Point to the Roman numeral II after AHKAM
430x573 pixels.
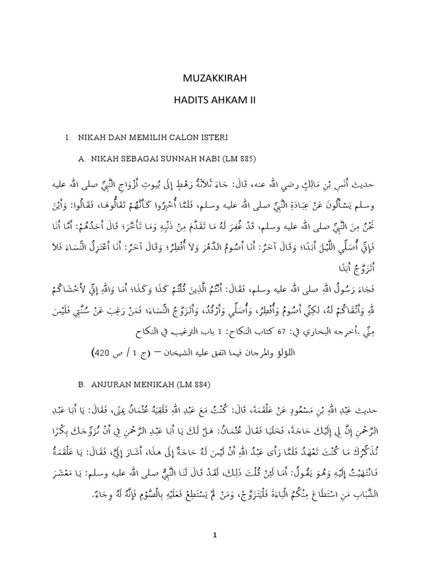(x=251, y=99)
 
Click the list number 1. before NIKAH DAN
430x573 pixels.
(x=67, y=137)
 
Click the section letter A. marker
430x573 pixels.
(x=82, y=159)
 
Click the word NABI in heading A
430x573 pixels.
(x=203, y=159)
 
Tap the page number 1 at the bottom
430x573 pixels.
(x=214, y=535)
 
